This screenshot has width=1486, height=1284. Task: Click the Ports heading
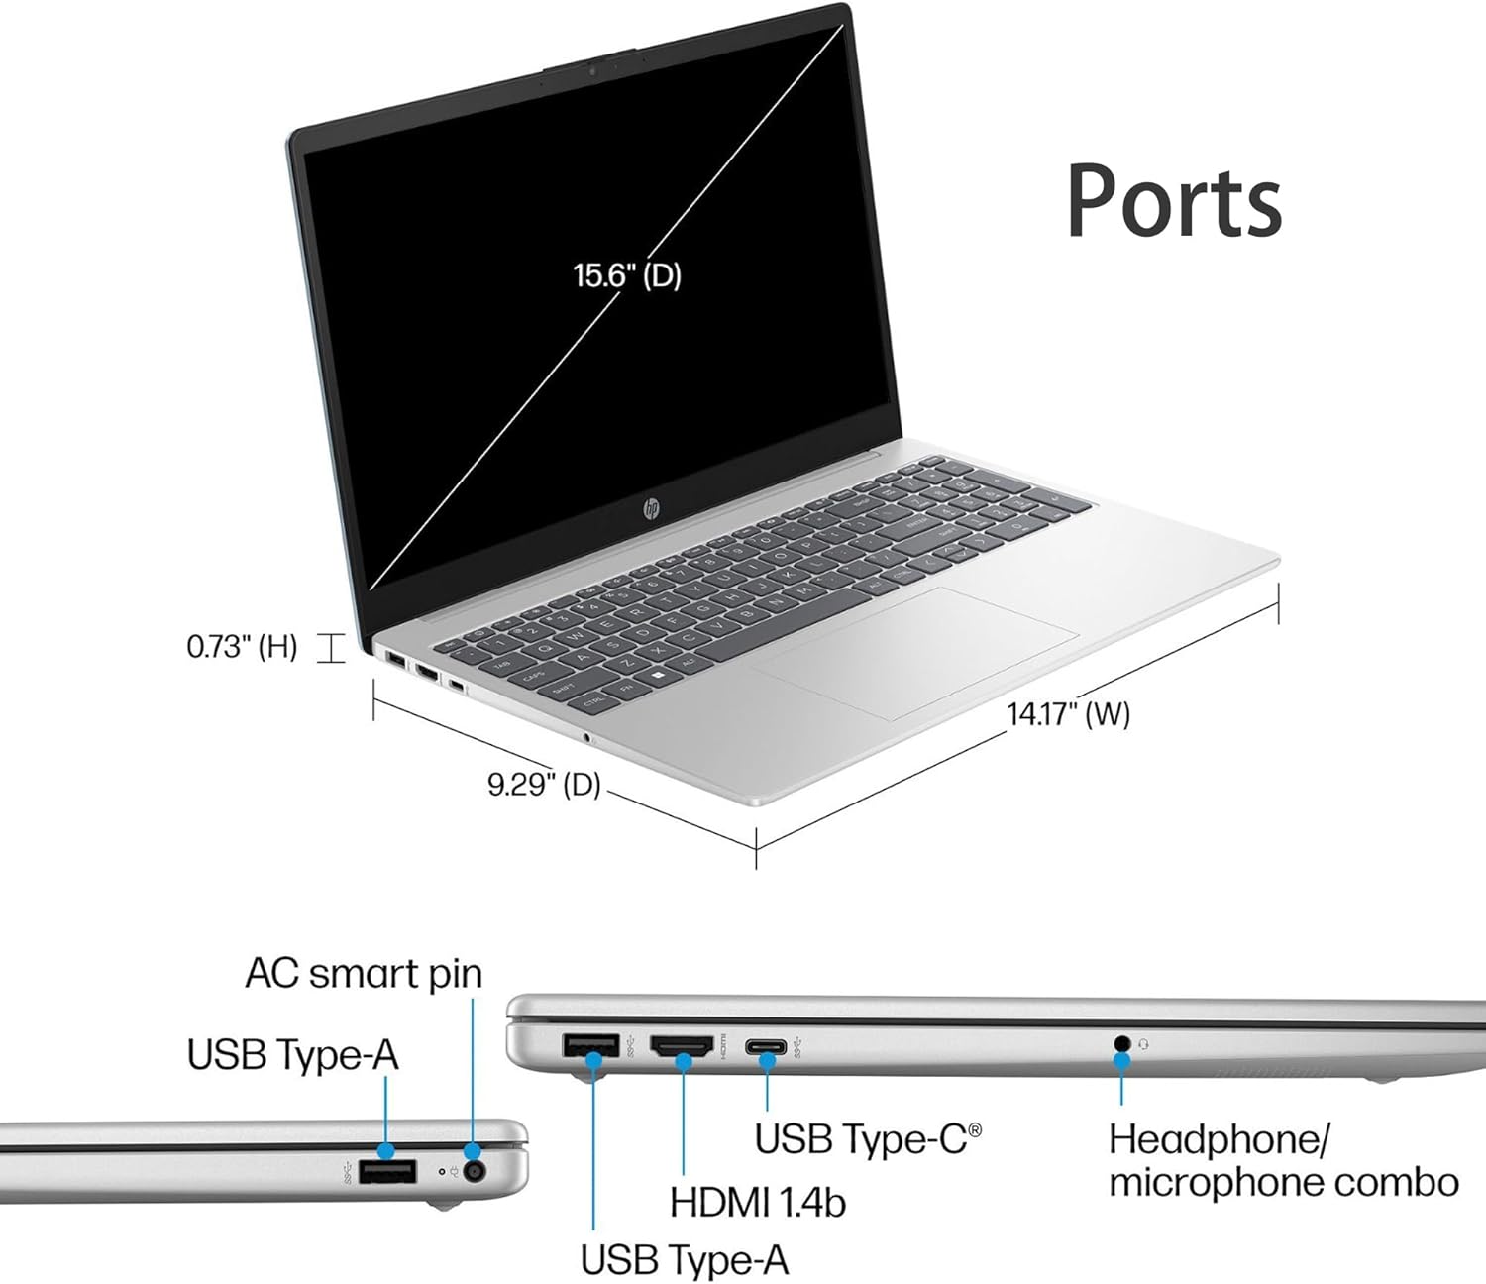pyautogui.click(x=1174, y=200)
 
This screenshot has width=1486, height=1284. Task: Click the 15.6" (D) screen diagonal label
pyautogui.click(x=628, y=274)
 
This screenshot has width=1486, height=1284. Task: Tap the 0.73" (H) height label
pyautogui.click(x=242, y=647)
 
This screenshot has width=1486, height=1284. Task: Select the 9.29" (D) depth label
pyautogui.click(x=544, y=785)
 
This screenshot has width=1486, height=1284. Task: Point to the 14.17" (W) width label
pyautogui.click(x=1069, y=713)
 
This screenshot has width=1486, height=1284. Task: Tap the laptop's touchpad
pyautogui.click(x=912, y=650)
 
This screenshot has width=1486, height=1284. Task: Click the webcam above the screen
pyautogui.click(x=592, y=70)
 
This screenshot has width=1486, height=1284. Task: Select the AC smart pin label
pyautogui.click(x=364, y=973)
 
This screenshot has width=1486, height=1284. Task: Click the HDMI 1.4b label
pyautogui.click(x=758, y=1203)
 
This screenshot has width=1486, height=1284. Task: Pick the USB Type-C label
pyautogui.click(x=868, y=1138)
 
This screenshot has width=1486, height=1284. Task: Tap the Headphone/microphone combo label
pyautogui.click(x=1283, y=1161)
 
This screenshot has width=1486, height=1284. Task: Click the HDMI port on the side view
pyautogui.click(x=682, y=1045)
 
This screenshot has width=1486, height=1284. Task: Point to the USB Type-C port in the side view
pyautogui.click(x=767, y=1046)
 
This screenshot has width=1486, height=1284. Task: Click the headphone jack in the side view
pyautogui.click(x=1121, y=1043)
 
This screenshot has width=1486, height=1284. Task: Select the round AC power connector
pyautogui.click(x=477, y=1173)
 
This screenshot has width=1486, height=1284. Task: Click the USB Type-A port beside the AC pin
pyautogui.click(x=386, y=1174)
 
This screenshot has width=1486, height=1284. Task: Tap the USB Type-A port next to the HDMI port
pyautogui.click(x=590, y=1044)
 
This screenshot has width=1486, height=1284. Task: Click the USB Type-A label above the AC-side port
pyautogui.click(x=293, y=1055)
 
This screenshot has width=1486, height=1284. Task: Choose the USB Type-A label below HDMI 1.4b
pyautogui.click(x=685, y=1260)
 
